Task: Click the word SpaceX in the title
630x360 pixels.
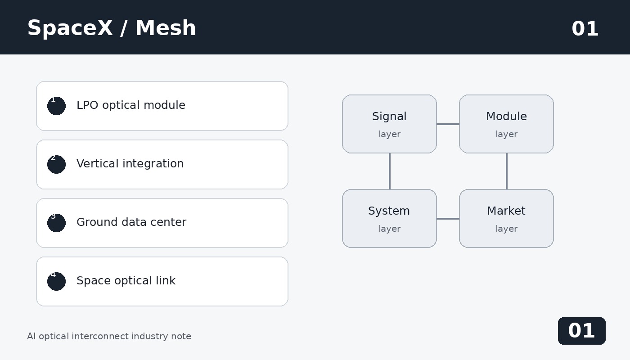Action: click(x=70, y=28)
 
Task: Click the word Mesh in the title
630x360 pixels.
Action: click(x=166, y=28)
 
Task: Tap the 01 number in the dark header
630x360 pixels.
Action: click(x=585, y=29)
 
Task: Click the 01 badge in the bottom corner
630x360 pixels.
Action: click(x=581, y=331)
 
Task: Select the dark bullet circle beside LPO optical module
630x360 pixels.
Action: click(x=57, y=106)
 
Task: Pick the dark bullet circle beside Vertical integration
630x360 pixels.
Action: click(x=57, y=165)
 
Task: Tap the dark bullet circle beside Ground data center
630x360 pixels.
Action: click(x=57, y=223)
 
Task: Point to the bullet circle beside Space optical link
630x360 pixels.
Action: click(x=57, y=282)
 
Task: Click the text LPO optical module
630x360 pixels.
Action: click(x=131, y=105)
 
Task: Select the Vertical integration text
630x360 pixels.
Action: click(x=130, y=163)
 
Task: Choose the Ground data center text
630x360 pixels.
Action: click(x=131, y=222)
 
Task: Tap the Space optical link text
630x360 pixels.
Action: click(x=126, y=280)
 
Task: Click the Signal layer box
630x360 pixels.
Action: click(x=390, y=124)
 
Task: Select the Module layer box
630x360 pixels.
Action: click(x=507, y=124)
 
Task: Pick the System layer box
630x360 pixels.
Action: click(x=390, y=219)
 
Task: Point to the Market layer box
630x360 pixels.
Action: click(x=507, y=219)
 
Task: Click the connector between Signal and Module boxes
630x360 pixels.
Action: click(x=448, y=124)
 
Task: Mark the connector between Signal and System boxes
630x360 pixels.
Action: click(x=390, y=171)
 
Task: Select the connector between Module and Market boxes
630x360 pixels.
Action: click(x=507, y=171)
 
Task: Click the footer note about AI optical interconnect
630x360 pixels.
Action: click(x=109, y=337)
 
